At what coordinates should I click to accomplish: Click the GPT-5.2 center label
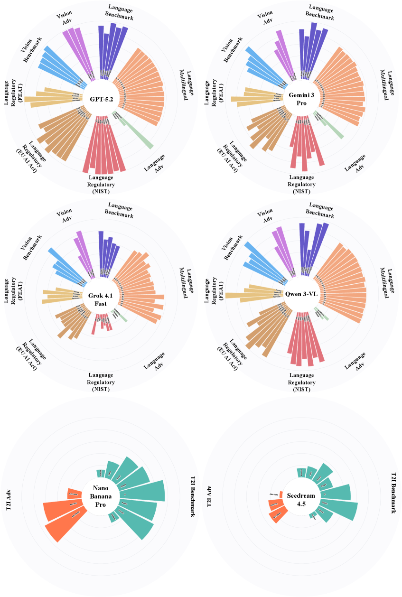coord(101,99)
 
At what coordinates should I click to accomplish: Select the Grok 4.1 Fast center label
coord(101,300)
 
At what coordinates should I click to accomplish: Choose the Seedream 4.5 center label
coord(302,496)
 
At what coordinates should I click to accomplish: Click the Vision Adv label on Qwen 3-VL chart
coord(265,216)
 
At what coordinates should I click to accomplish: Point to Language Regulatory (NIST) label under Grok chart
coord(101,382)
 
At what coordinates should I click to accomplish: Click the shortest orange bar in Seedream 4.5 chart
coord(281,494)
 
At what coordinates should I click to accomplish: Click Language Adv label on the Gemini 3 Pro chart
coord(355,162)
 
